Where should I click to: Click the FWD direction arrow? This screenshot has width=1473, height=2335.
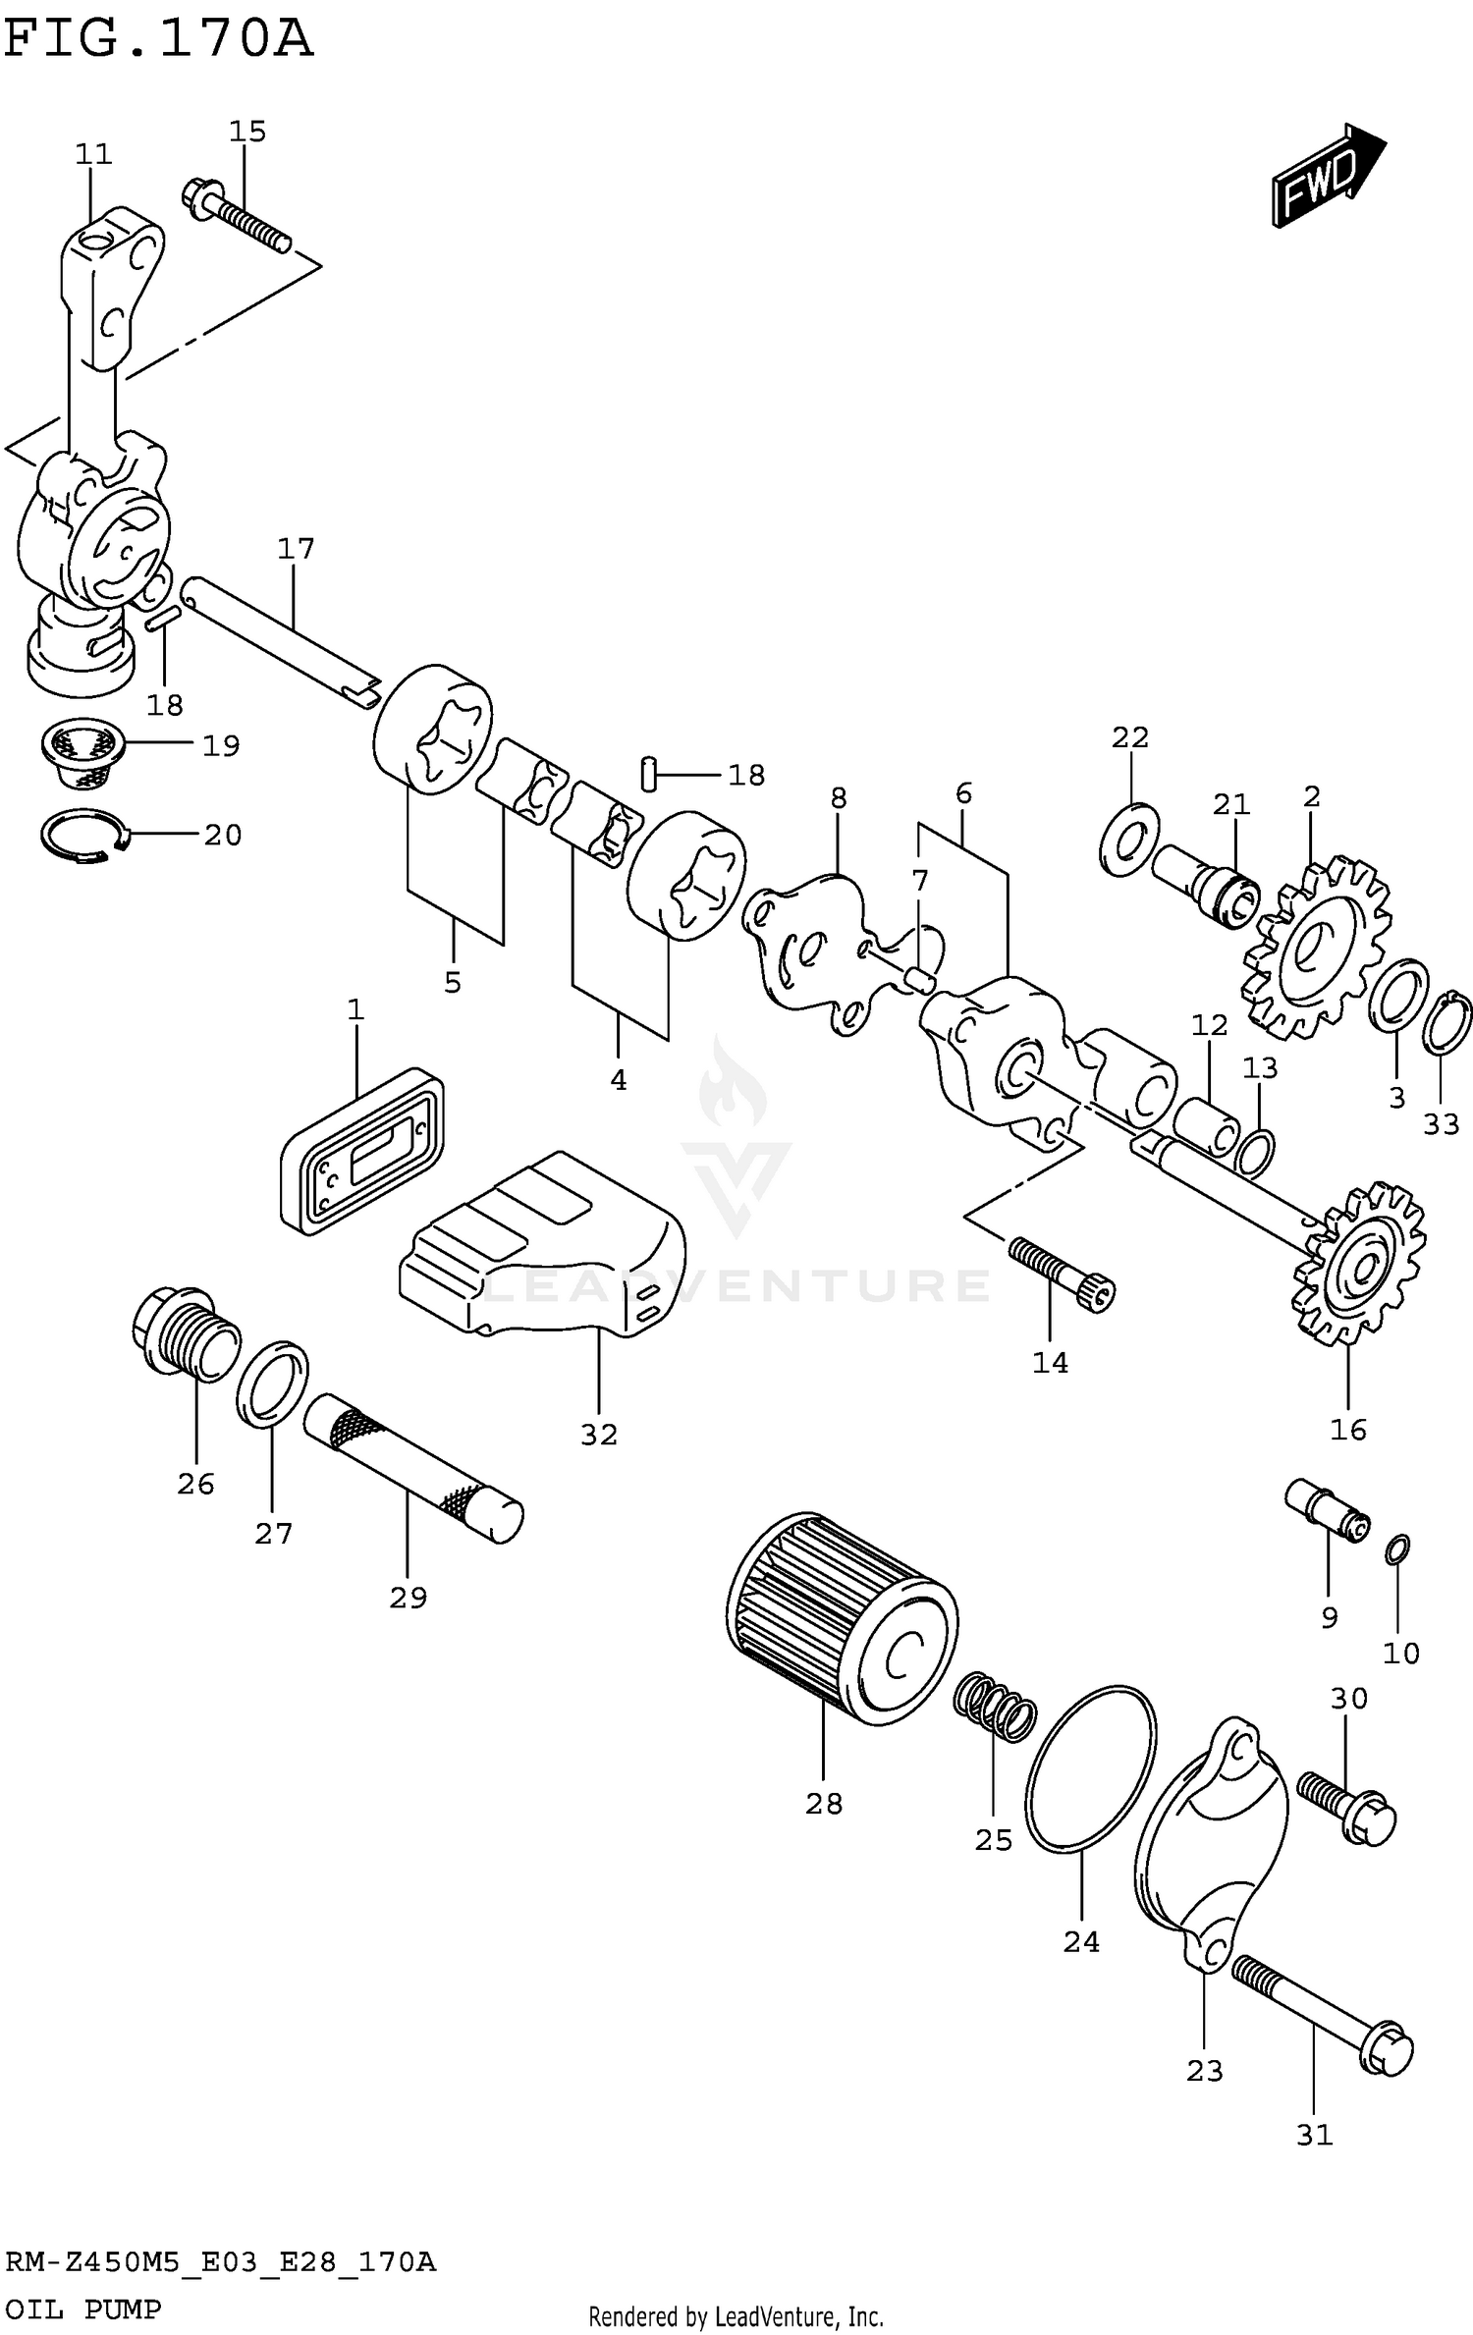point(1327,177)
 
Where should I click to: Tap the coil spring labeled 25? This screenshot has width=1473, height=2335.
point(995,1710)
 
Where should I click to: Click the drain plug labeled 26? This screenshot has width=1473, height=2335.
point(184,1333)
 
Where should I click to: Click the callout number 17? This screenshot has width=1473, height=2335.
point(296,549)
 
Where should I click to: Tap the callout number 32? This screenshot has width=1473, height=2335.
point(599,1435)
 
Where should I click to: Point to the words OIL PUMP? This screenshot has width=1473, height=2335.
point(82,2309)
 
